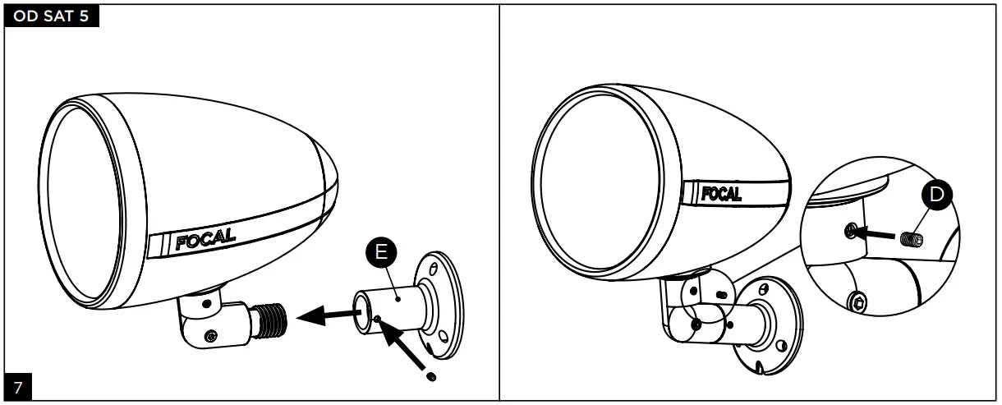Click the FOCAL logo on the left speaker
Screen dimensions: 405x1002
click(x=205, y=240)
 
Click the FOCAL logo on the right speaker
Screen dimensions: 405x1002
click(x=721, y=194)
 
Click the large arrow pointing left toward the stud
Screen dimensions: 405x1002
click(x=322, y=313)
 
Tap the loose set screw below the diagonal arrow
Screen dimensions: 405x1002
click(x=432, y=377)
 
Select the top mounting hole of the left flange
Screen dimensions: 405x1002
click(x=434, y=266)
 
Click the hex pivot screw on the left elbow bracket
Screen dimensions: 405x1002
click(x=213, y=336)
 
